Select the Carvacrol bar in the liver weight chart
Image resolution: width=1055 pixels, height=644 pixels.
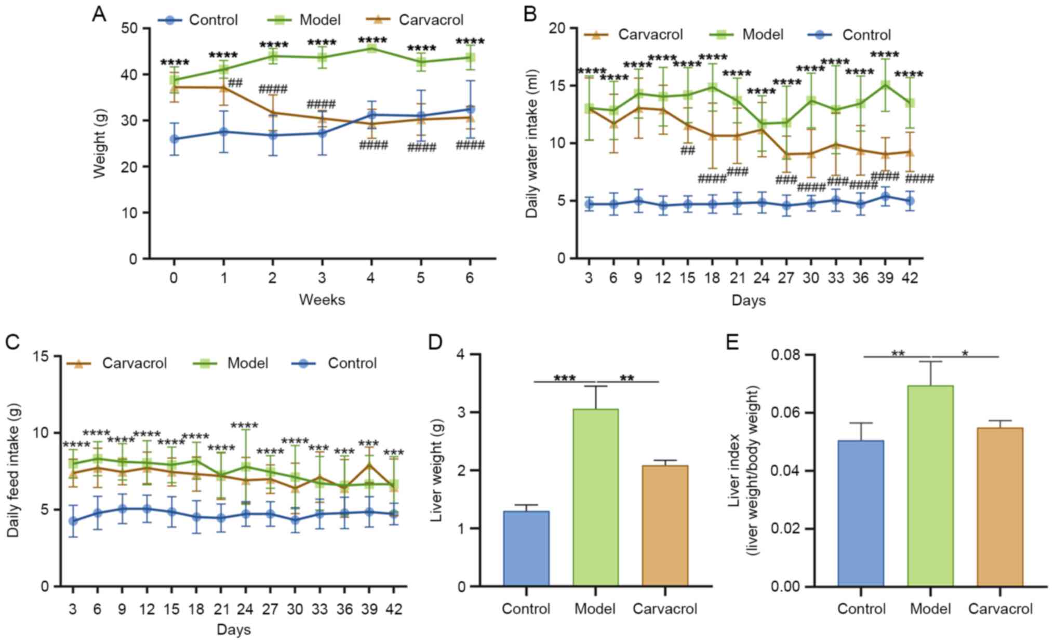click(x=665, y=525)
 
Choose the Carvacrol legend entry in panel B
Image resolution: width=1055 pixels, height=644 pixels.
click(x=634, y=35)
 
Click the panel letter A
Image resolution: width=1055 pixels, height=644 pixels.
click(x=99, y=14)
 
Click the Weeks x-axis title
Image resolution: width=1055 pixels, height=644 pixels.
click(x=322, y=300)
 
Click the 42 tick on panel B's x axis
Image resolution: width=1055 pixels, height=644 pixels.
click(x=910, y=278)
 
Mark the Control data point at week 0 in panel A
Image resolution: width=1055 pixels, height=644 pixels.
click(x=175, y=139)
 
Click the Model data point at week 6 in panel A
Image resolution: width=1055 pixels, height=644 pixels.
click(x=470, y=58)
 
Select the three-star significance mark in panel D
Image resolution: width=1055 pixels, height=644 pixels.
click(x=565, y=378)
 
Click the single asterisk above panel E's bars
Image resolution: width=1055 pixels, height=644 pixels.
click(x=965, y=354)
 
